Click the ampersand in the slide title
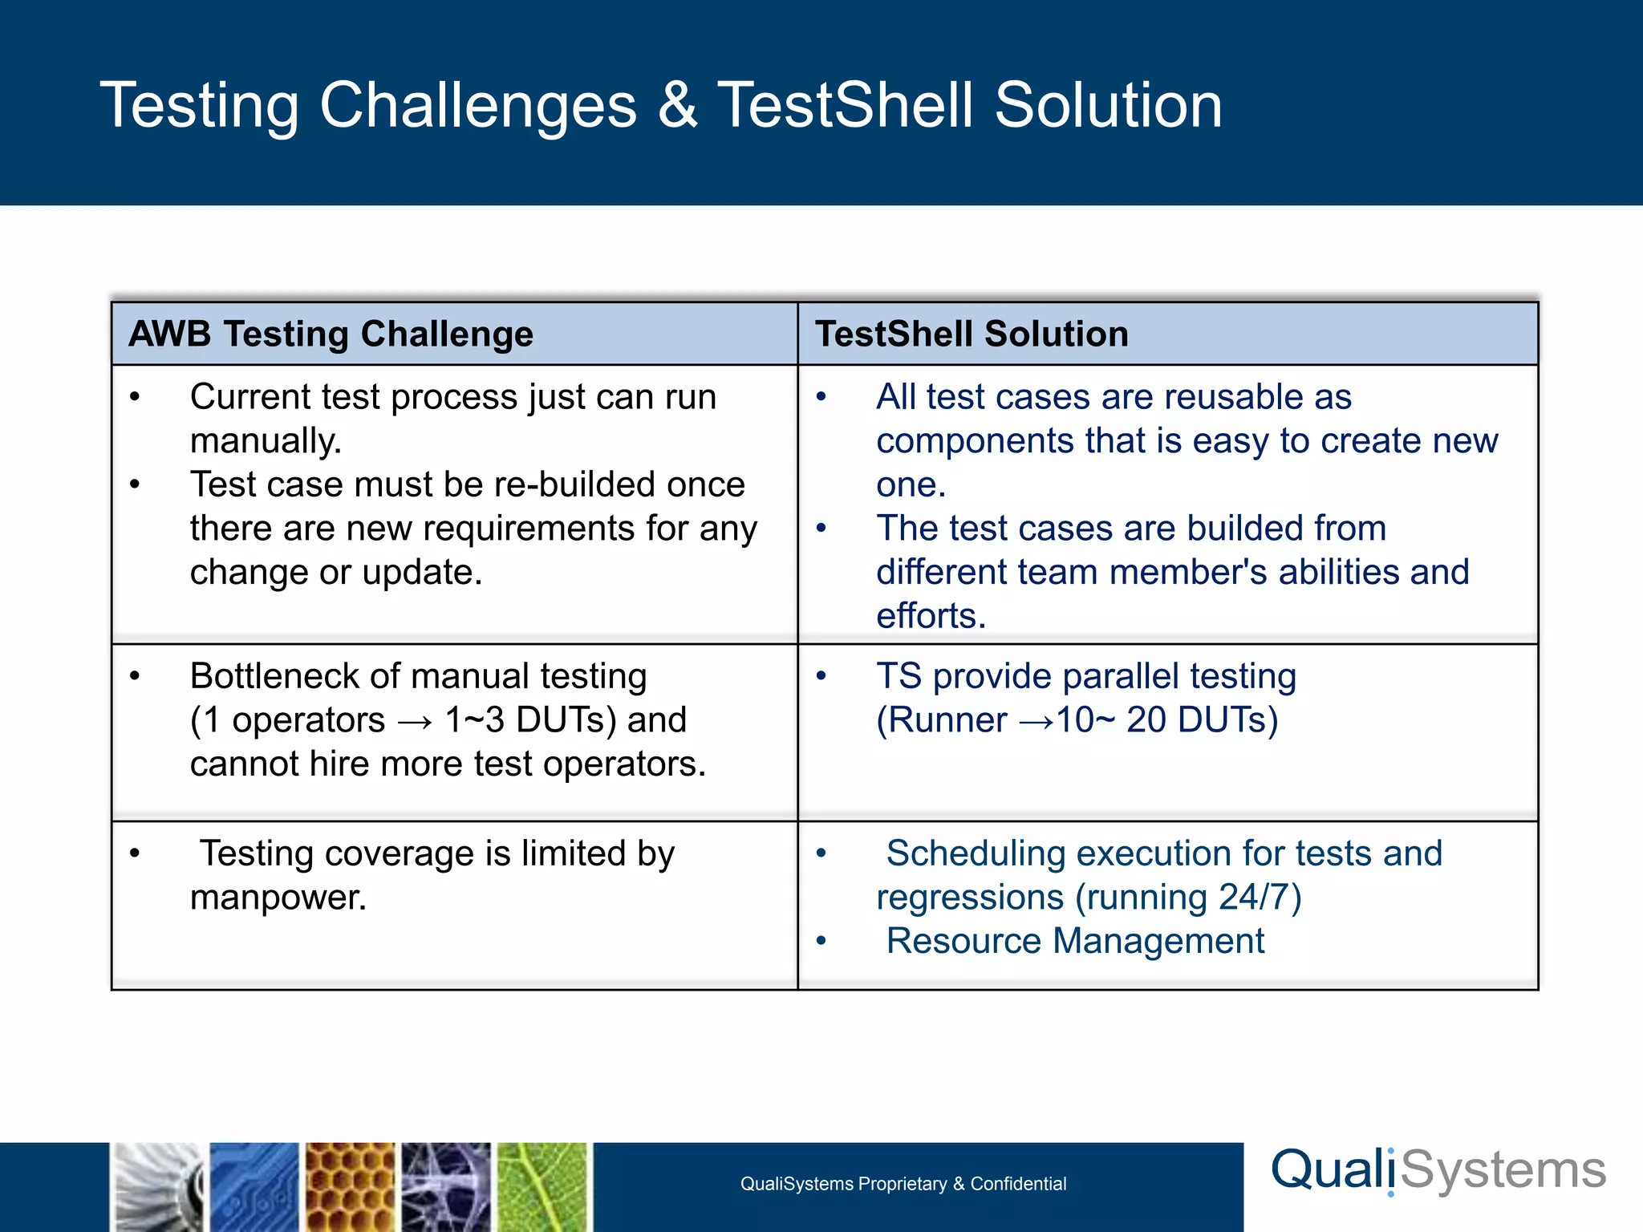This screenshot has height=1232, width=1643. click(678, 106)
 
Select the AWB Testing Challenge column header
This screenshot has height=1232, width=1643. click(331, 334)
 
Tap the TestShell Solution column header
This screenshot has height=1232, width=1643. click(972, 334)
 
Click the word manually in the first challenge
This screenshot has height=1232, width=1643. click(265, 441)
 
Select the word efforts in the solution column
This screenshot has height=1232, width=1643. click(930, 616)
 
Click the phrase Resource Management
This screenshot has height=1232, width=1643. click(1075, 941)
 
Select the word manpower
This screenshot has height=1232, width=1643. click(278, 898)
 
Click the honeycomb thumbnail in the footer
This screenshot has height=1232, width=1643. click(351, 1187)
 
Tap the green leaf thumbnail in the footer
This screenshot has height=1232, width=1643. click(543, 1187)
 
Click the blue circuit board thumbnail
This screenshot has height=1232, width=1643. click(254, 1187)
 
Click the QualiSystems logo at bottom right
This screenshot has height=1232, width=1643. click(1438, 1170)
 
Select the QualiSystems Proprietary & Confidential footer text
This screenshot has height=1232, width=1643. click(903, 1184)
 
